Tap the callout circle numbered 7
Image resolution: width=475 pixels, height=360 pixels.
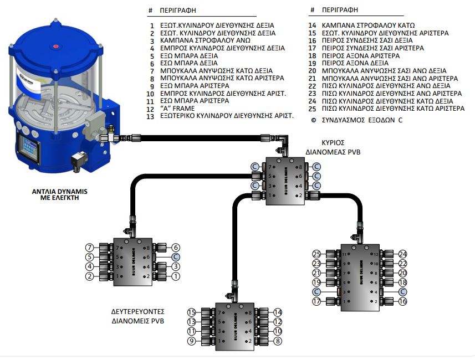[89, 247]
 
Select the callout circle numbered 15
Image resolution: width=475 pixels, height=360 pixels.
[192, 312]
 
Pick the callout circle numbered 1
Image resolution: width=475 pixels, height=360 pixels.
[176, 276]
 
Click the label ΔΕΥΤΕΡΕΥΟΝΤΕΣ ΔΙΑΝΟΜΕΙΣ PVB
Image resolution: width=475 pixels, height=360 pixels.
[142, 316]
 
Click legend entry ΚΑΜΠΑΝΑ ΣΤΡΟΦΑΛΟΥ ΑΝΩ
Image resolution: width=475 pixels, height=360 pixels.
[205, 40]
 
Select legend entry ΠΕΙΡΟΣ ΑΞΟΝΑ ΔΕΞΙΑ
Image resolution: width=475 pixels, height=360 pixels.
[353, 64]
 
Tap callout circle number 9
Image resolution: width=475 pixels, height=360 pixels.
[192, 342]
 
